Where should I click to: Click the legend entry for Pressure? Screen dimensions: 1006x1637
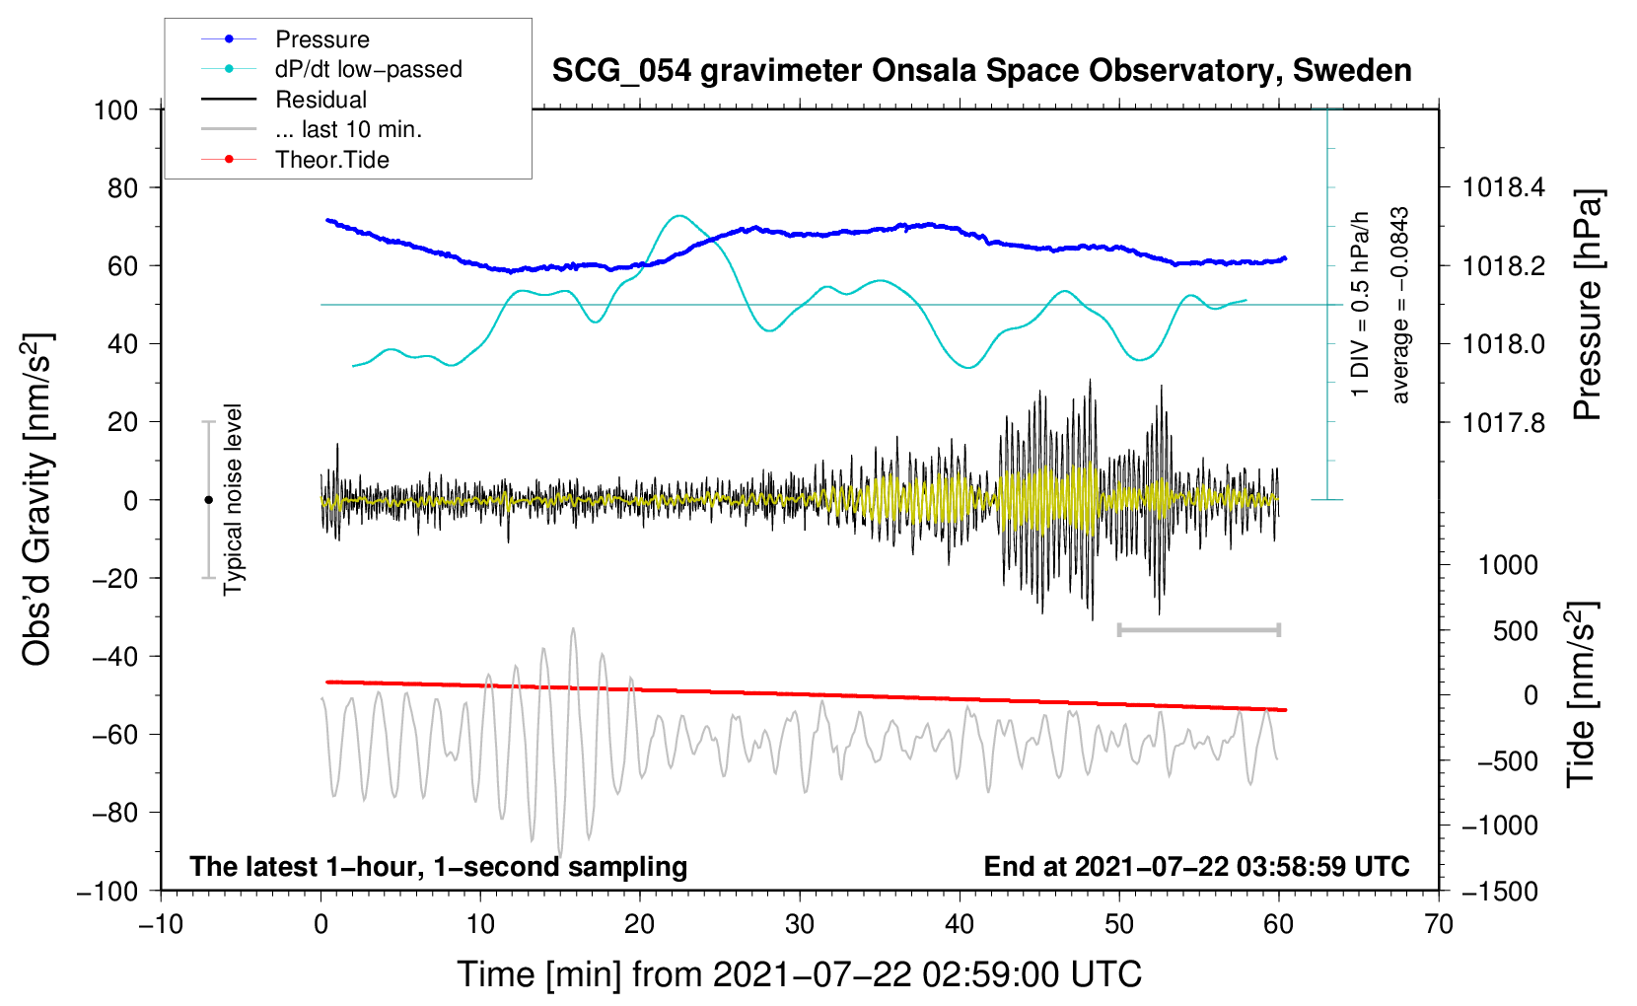[321, 39]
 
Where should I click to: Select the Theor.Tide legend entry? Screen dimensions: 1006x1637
[331, 160]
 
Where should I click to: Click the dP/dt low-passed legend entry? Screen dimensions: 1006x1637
[368, 69]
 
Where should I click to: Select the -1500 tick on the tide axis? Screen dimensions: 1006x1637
[1499, 891]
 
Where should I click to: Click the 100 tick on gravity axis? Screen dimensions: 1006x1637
[115, 109]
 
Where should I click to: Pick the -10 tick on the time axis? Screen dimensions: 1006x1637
[161, 924]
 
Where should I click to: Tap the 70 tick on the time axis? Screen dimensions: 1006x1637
[1439, 924]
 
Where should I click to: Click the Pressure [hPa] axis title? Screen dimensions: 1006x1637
[1587, 305]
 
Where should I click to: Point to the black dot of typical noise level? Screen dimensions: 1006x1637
[208, 500]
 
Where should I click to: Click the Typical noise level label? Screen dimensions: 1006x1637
[233, 499]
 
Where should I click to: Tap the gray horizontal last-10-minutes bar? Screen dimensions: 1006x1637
[1198, 629]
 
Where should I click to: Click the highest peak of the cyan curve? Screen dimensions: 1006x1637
[677, 215]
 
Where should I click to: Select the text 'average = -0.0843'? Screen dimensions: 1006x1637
[1400, 305]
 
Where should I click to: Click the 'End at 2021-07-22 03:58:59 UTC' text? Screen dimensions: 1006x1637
[1196, 866]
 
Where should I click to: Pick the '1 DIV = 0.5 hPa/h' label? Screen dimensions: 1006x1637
[1361, 305]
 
